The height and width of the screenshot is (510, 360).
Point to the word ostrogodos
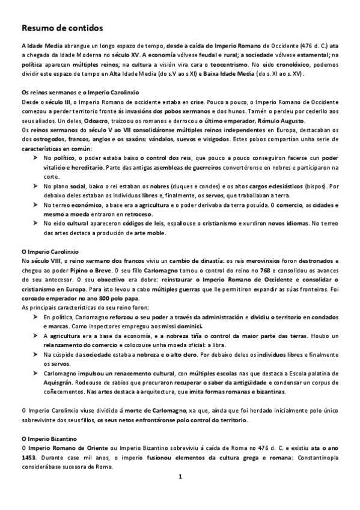click(48, 140)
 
